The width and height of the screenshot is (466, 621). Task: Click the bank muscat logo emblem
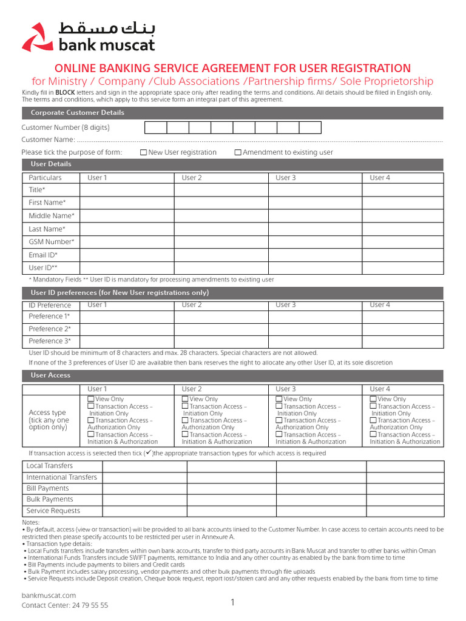point(38,38)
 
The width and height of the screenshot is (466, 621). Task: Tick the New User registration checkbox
point(143,153)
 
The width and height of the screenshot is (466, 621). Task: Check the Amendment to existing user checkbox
point(238,153)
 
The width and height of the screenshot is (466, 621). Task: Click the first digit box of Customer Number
point(155,127)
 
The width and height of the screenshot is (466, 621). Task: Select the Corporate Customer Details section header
point(78,113)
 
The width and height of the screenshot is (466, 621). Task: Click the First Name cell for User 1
point(127,203)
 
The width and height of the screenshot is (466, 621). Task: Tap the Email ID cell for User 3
point(315,255)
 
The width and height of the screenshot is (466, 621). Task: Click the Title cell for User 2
point(221,190)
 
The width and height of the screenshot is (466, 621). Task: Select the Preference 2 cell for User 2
point(221,329)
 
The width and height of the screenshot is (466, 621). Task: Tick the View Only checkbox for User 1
point(91,399)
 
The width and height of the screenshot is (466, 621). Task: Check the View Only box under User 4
point(373,399)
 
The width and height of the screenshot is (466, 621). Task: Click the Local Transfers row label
point(50,466)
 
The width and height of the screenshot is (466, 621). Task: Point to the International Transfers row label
point(61,477)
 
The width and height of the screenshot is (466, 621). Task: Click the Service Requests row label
point(53,511)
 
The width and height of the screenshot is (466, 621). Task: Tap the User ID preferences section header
point(120,293)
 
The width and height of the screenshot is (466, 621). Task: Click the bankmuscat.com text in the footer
point(49,596)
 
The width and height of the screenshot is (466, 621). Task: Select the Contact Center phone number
point(90,605)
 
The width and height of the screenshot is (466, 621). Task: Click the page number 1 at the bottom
point(232,602)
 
